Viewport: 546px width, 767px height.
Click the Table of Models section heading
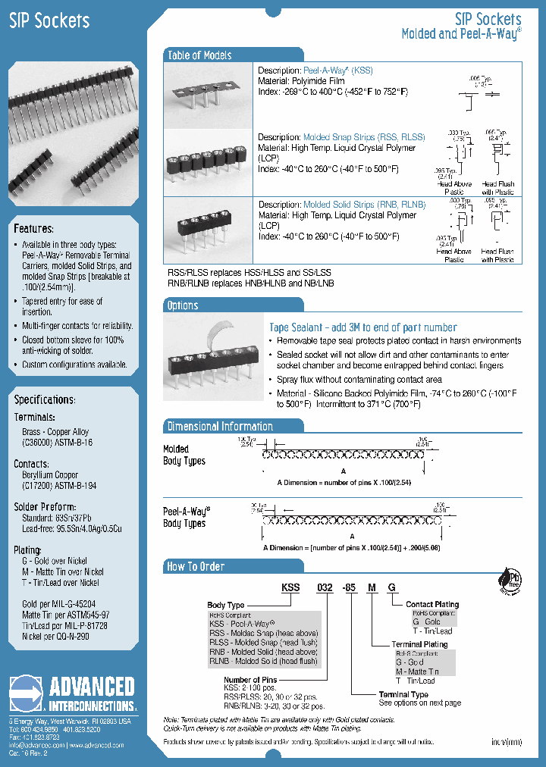pyautogui.click(x=199, y=55)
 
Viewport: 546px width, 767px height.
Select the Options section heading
pyautogui.click(x=182, y=305)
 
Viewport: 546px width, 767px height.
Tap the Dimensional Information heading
pyautogui.click(x=220, y=427)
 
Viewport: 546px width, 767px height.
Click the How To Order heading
pyautogui.click(x=196, y=566)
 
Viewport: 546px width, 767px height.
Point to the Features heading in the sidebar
pyautogui.click(x=33, y=229)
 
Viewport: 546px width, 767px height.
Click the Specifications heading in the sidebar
pyautogui.click(x=45, y=399)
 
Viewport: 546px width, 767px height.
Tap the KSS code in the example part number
pyautogui.click(x=290, y=587)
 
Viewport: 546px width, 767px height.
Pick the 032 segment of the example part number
pyautogui.click(x=325, y=587)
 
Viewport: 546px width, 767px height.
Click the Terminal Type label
pyautogui.click(x=403, y=694)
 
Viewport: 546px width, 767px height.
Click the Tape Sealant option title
pyautogui.click(x=363, y=327)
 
